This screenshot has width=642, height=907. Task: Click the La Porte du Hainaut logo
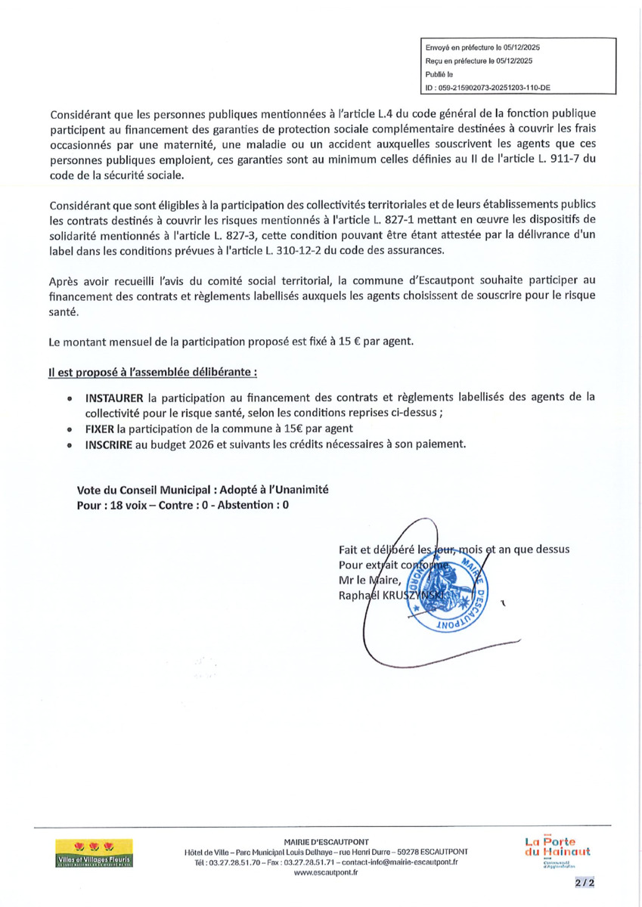(558, 851)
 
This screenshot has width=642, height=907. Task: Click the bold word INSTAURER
(116, 397)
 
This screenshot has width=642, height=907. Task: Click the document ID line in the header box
(488, 88)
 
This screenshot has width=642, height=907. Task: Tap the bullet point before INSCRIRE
(70, 445)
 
